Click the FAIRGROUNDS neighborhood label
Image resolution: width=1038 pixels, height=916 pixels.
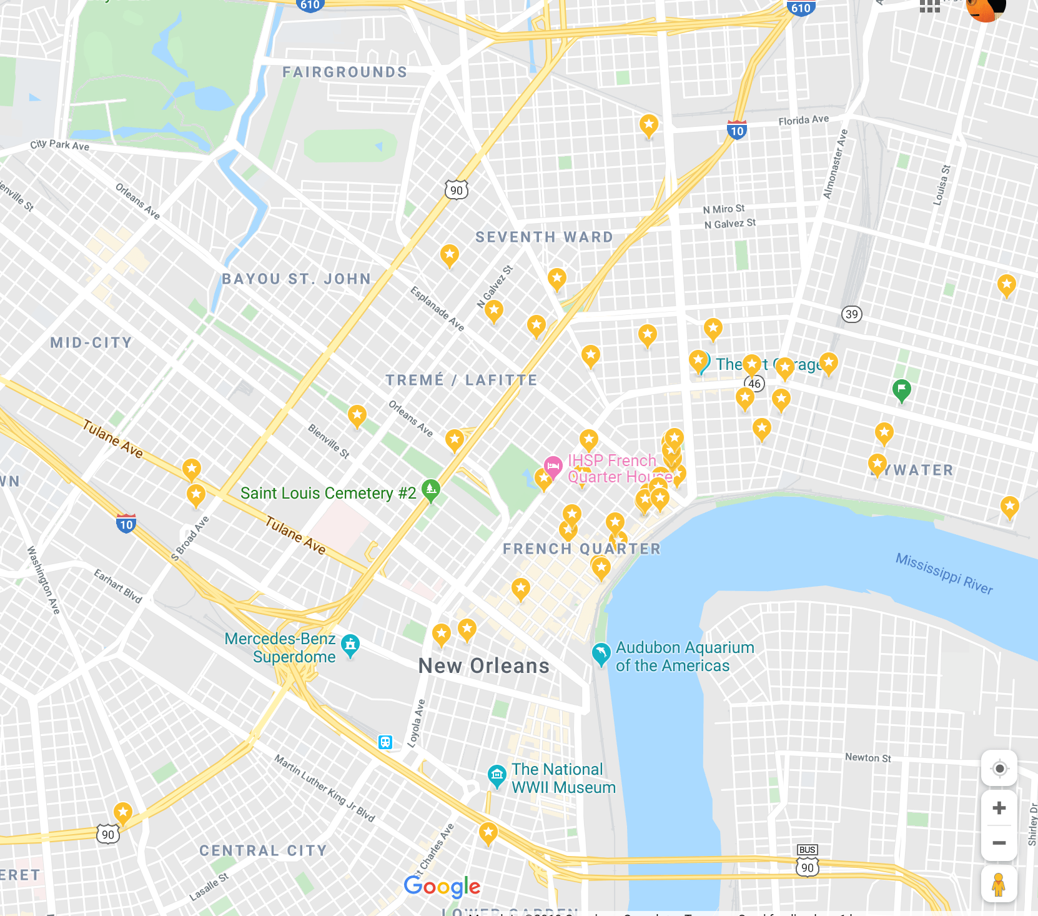[345, 72]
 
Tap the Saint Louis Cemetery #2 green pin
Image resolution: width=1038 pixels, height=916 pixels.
[431, 490]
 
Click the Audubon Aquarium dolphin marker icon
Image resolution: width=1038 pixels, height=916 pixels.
[601, 654]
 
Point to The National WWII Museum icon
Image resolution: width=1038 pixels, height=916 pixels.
[497, 776]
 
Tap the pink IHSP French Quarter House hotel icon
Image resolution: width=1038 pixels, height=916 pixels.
[553, 466]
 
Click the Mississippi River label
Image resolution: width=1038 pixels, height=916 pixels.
[944, 573]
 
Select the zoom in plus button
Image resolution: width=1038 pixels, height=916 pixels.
[999, 808]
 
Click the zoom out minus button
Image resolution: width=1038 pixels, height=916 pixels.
[999, 843]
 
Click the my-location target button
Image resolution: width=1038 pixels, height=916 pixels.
[999, 769]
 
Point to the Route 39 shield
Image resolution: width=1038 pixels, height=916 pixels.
[852, 314]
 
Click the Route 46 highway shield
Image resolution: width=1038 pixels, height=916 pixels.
[755, 384]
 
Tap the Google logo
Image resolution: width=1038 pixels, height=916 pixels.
[442, 886]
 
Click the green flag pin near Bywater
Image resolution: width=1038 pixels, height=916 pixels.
[901, 390]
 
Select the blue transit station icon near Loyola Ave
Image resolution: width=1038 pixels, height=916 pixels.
[385, 742]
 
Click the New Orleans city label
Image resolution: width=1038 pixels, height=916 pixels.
[483, 666]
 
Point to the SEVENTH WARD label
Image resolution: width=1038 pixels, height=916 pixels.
[544, 237]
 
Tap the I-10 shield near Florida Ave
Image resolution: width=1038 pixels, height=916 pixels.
[737, 130]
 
